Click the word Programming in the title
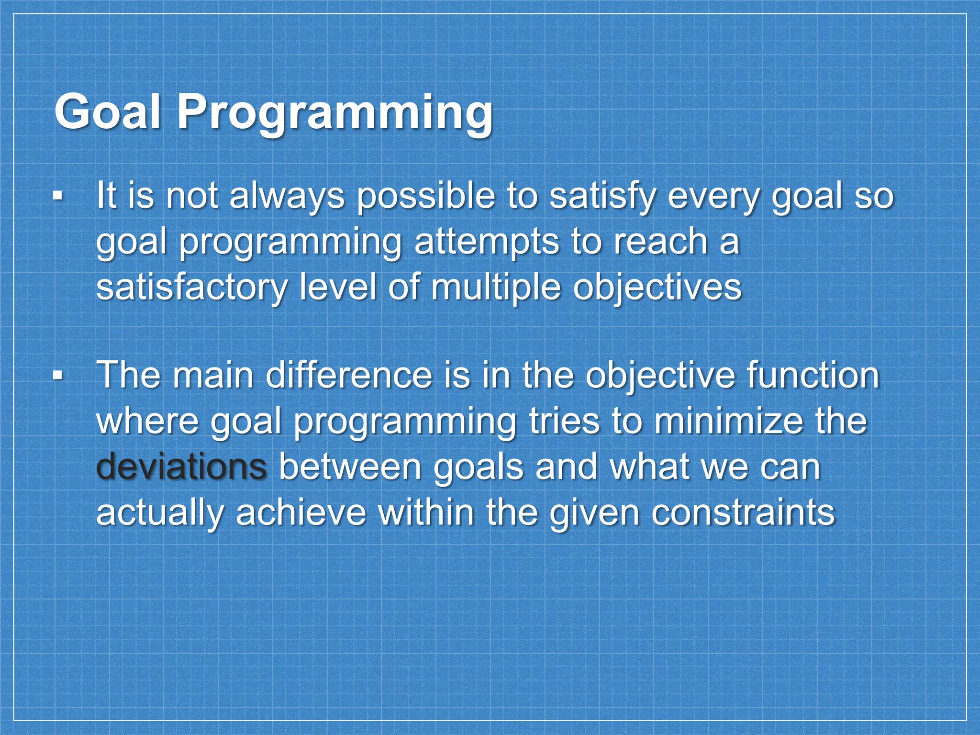tap(335, 114)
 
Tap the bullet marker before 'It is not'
tap(58, 196)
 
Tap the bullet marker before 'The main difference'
tap(58, 376)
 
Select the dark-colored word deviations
tap(181, 466)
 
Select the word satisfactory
tap(191, 287)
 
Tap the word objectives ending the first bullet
tap(657, 287)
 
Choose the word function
tap(813, 376)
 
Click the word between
tap(350, 466)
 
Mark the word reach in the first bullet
tap(660, 242)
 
